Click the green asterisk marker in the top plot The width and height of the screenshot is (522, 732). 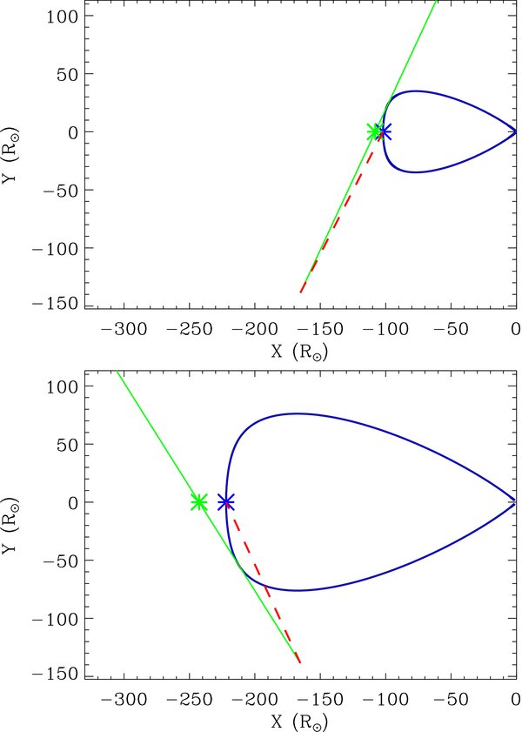[x=374, y=131]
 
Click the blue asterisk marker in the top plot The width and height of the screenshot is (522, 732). [x=384, y=131]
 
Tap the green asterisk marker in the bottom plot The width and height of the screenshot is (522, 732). [x=198, y=502]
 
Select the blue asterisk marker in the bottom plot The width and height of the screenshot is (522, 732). [x=226, y=502]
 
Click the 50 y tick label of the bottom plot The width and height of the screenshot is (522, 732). [x=65, y=444]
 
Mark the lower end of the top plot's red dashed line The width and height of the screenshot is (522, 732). [x=300, y=293]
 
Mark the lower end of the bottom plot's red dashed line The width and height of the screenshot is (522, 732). [x=300, y=663]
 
